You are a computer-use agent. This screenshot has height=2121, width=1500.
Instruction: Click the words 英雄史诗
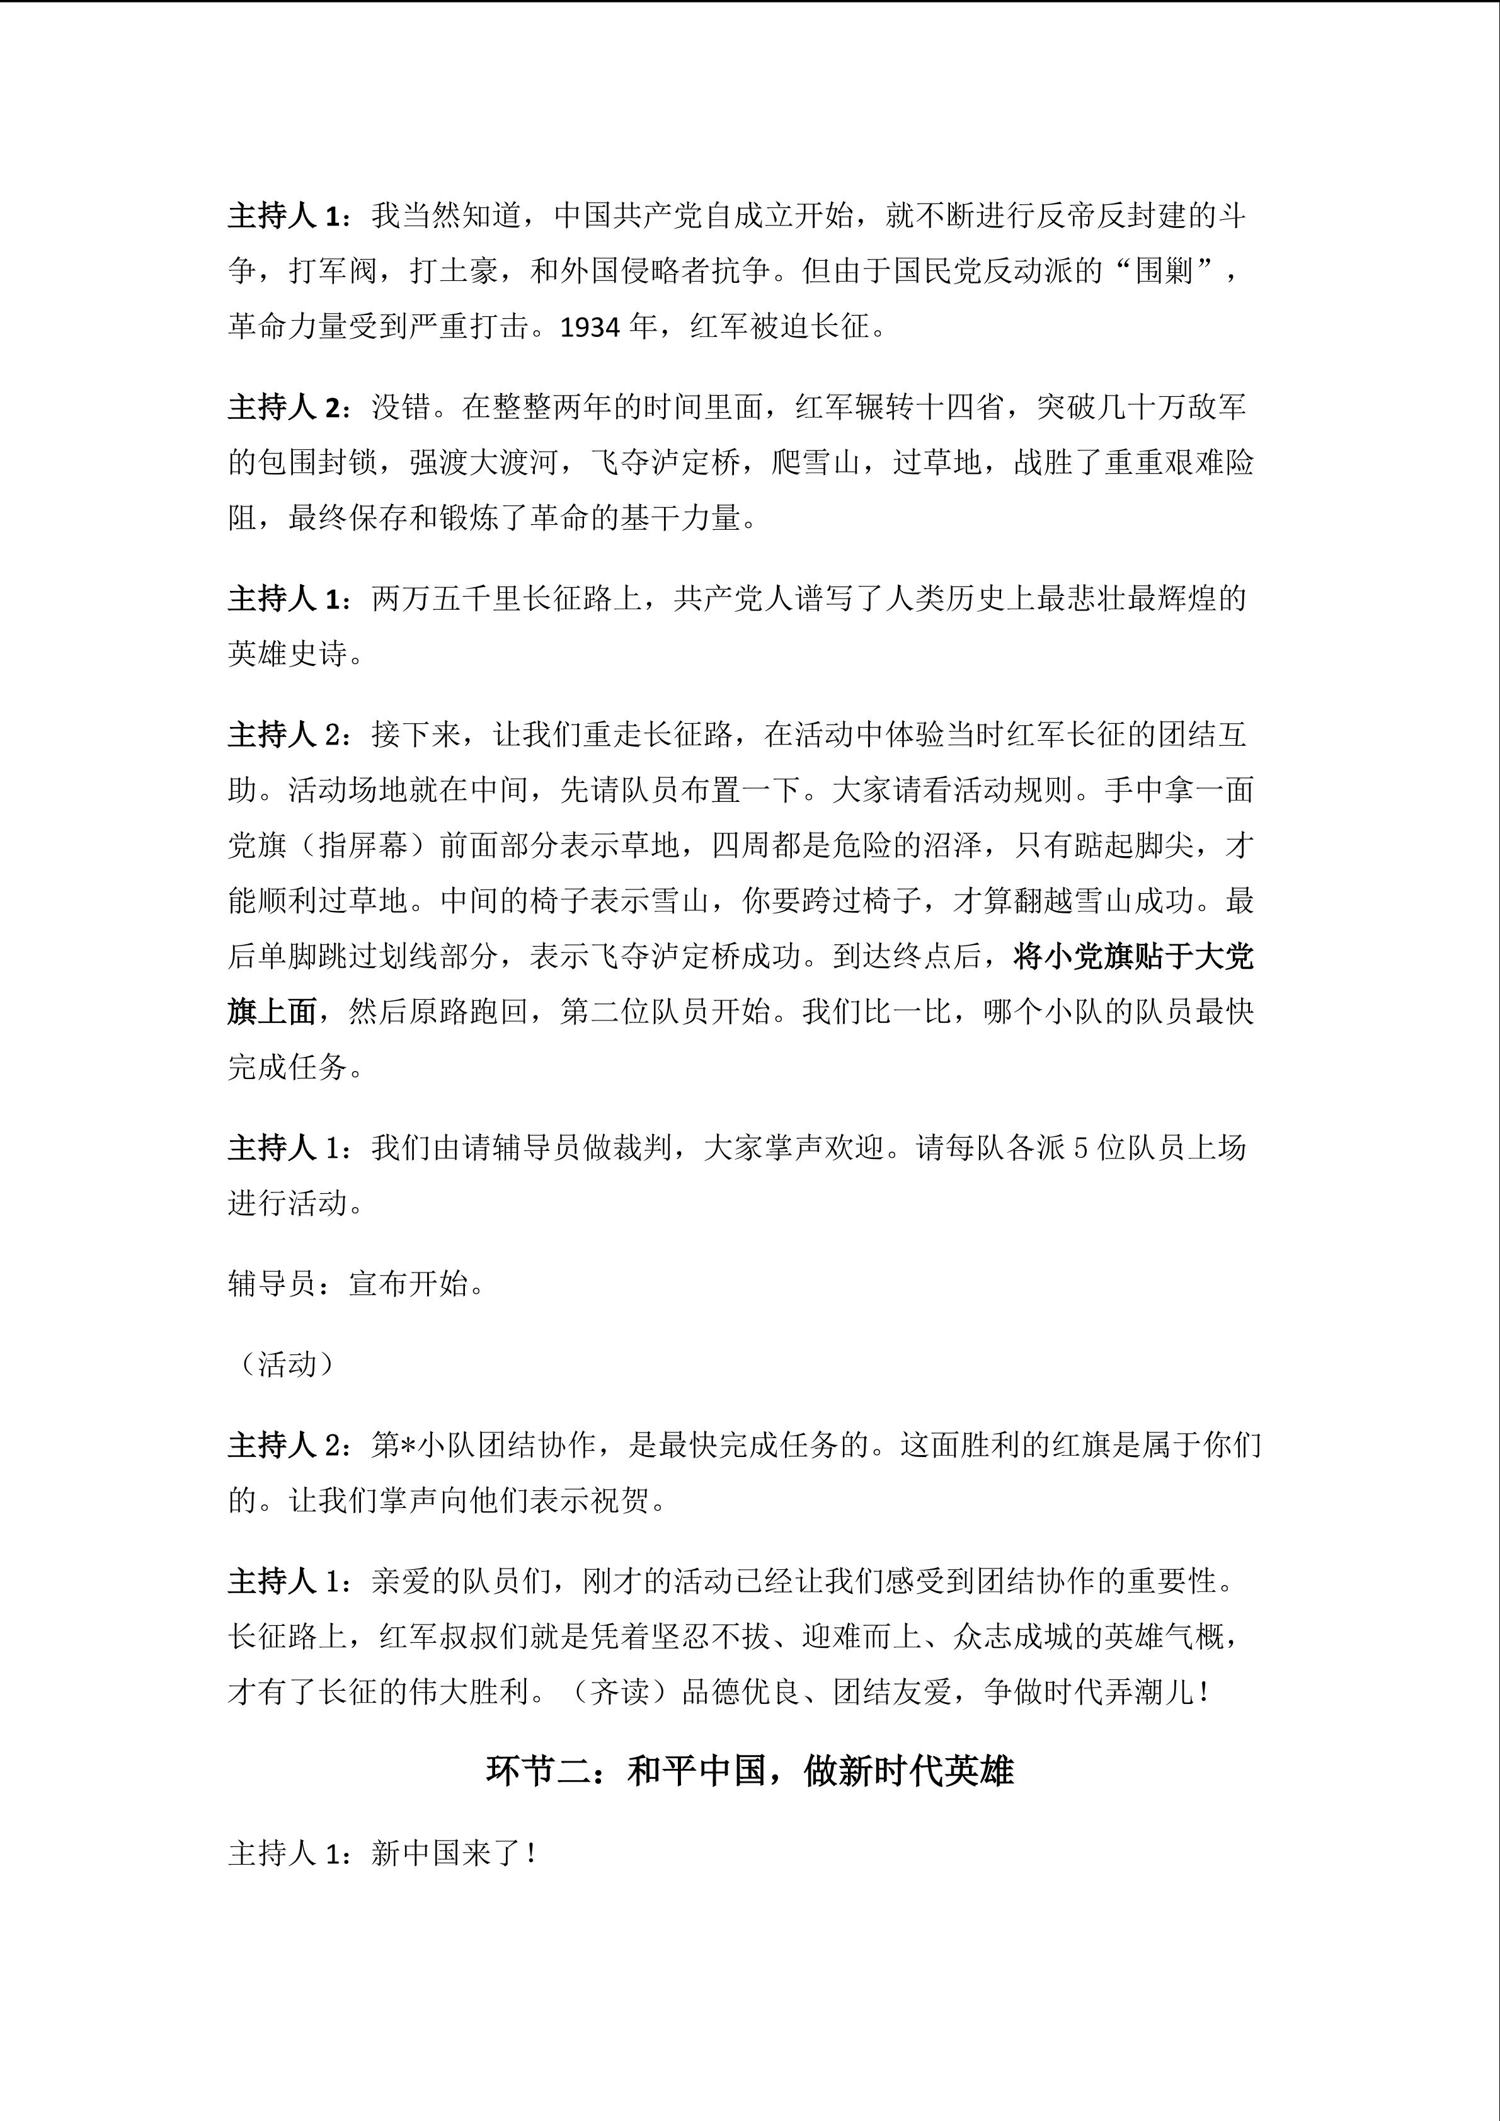[287, 654]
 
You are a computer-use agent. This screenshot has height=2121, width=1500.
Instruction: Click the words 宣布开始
[408, 1283]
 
